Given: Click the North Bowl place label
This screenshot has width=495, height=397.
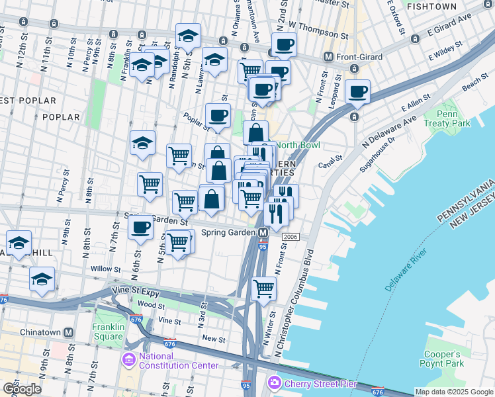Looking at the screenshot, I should click(297, 145).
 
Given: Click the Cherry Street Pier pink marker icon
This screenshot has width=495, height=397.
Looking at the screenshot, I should click(275, 383).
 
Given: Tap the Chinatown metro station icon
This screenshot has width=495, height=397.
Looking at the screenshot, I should click(67, 332).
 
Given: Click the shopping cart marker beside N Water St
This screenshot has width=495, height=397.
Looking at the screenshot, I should click(264, 288).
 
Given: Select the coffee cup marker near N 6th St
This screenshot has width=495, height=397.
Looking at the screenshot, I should click(140, 228).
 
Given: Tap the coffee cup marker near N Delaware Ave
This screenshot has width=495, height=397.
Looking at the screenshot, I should click(357, 92).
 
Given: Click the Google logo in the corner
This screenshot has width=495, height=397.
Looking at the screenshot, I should click(22, 388).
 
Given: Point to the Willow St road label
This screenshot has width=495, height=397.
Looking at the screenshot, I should click(107, 269).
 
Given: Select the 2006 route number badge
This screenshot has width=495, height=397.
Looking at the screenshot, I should click(290, 237).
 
